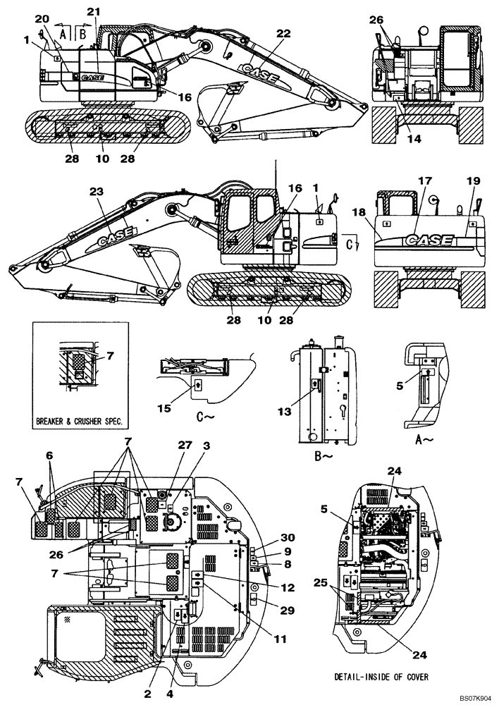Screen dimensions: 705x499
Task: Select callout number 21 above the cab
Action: [x=94, y=12]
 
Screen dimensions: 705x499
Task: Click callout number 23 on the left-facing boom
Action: [x=97, y=190]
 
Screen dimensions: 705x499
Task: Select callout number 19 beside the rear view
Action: [x=472, y=181]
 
